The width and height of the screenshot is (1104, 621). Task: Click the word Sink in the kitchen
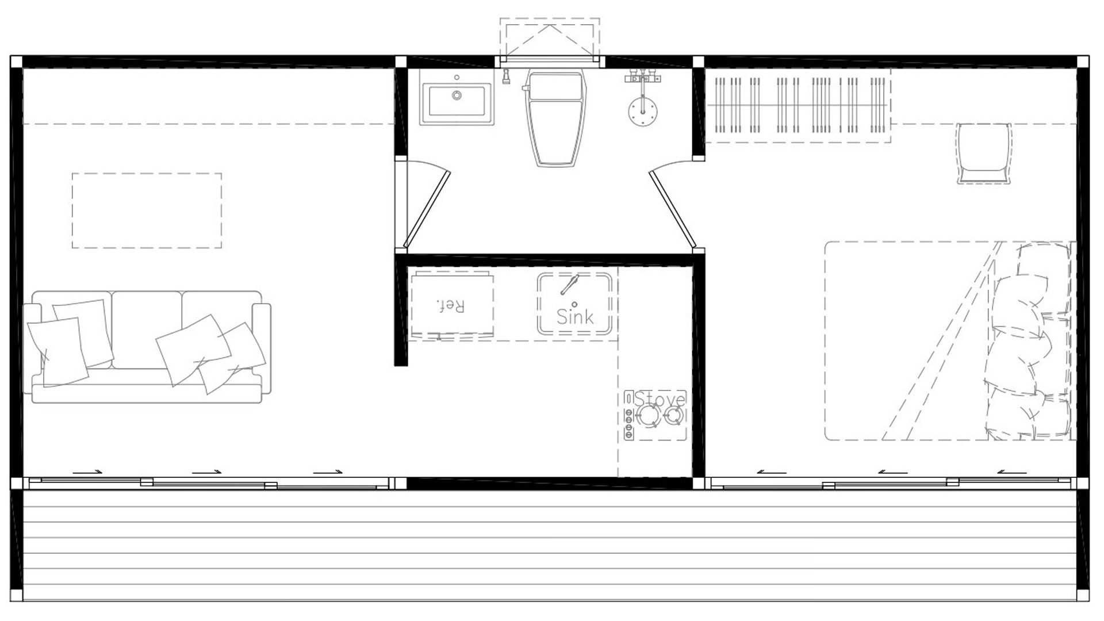[x=575, y=316]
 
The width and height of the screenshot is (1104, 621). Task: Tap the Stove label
[x=660, y=399]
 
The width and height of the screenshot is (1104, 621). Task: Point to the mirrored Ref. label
[x=451, y=305]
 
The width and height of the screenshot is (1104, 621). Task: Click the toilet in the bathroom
[x=556, y=118]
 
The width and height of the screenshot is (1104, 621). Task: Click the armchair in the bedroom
[x=984, y=153]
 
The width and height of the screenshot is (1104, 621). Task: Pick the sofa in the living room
[x=148, y=347]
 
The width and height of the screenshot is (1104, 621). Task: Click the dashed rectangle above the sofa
[x=147, y=210]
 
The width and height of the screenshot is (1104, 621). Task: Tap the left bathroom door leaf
[x=427, y=209]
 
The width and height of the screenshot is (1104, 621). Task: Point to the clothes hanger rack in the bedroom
[x=798, y=106]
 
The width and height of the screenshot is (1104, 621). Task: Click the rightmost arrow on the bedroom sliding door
[x=1011, y=472]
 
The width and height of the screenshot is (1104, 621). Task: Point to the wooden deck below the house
[x=550, y=545]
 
